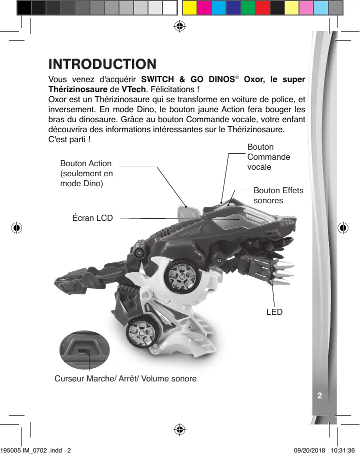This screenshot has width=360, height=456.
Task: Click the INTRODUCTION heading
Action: click(102, 65)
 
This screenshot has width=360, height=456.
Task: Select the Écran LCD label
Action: click(92, 218)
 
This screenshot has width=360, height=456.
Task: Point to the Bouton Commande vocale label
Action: click(268, 157)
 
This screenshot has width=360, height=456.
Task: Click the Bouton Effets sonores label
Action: click(278, 195)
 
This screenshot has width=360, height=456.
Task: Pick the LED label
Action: click(274, 312)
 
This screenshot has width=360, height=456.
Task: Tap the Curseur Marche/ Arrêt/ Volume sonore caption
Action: click(125, 378)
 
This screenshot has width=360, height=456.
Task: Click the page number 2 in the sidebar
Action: click(319, 395)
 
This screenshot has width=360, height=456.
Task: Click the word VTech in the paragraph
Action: click(134, 90)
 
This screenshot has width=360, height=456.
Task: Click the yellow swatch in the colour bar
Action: click(188, 8)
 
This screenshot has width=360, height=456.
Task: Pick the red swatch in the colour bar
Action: click(262, 8)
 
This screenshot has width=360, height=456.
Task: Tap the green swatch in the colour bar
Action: click(247, 8)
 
